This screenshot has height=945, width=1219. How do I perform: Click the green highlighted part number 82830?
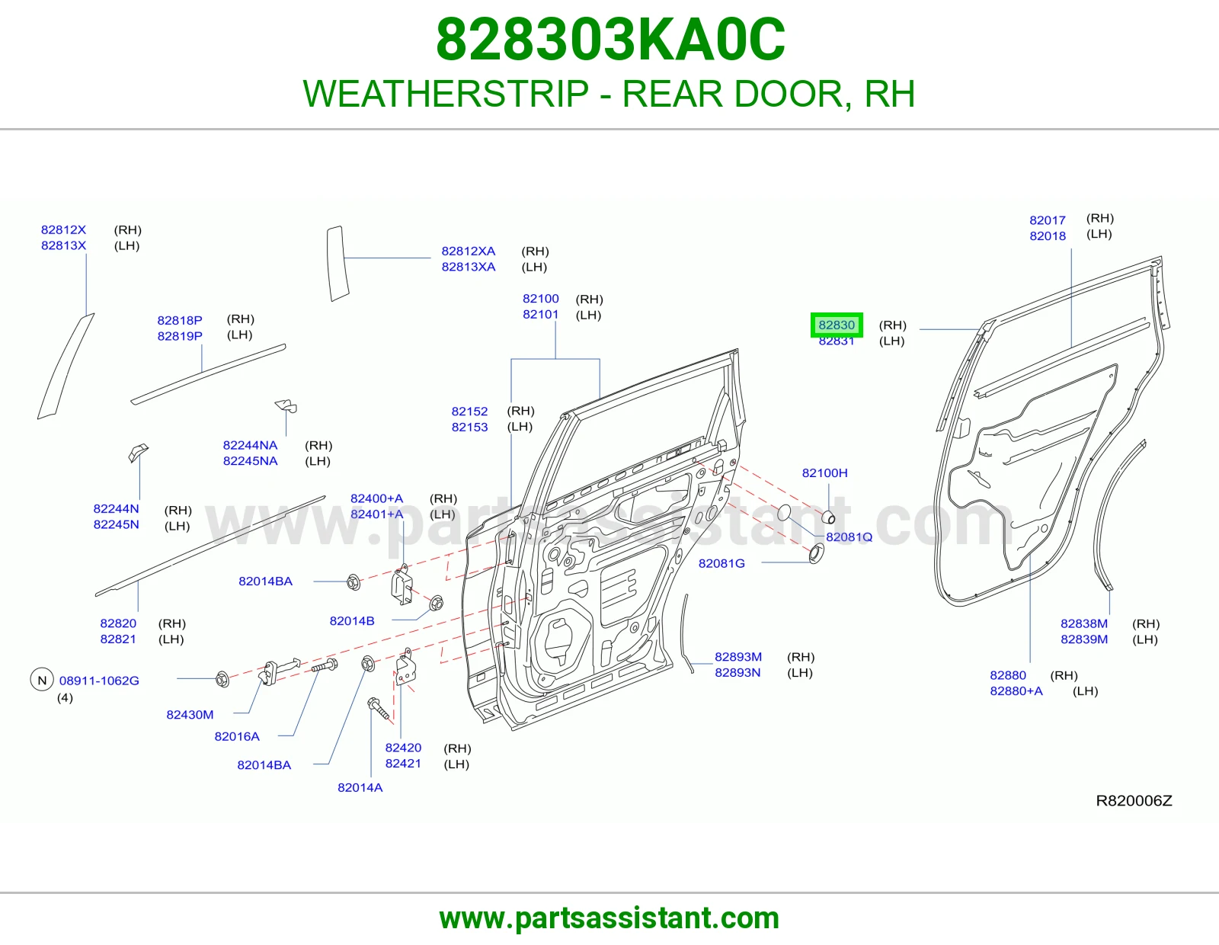836,325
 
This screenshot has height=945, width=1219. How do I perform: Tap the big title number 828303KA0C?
610,40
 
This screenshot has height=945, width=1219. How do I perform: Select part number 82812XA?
468,251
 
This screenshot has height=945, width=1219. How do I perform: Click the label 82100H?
824,472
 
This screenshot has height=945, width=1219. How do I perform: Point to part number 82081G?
721,563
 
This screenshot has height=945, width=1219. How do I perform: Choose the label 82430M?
190,714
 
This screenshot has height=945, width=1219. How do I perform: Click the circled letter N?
42,680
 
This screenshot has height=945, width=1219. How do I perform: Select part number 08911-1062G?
99,681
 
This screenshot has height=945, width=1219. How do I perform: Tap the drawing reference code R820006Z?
1134,801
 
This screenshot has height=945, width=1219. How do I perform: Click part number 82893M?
737,657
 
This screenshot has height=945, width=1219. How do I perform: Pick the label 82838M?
1084,623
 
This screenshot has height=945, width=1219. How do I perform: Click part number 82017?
1048,220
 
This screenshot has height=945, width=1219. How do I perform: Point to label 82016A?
237,736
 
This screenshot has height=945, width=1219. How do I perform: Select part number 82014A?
360,787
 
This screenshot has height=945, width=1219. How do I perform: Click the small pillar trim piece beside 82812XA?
338,263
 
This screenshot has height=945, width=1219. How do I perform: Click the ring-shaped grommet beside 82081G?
816,554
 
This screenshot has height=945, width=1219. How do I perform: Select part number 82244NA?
250,445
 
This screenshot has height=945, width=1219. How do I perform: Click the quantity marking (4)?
65,697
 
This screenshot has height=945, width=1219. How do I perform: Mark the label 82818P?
180,320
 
